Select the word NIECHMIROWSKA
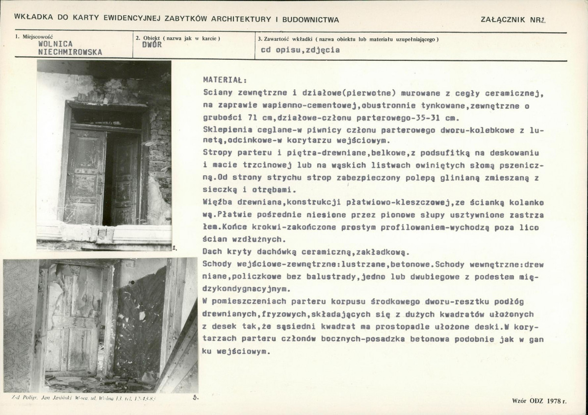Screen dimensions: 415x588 pos(70,52)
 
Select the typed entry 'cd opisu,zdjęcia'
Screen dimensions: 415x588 pos(300,49)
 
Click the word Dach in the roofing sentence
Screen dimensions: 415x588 pos(211,252)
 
